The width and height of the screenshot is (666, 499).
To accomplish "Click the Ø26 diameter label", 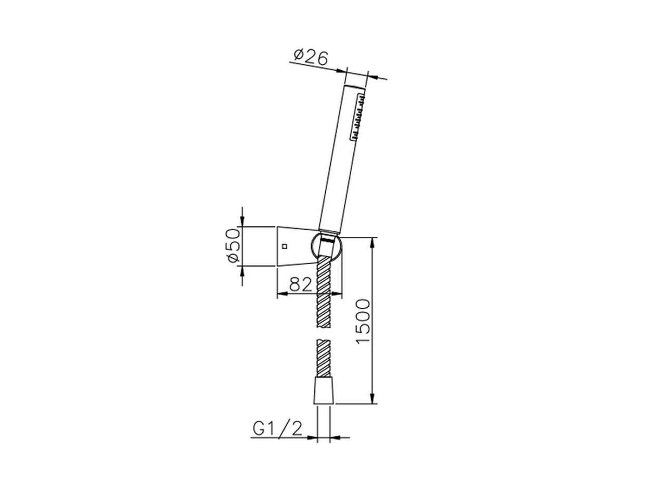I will tap(311, 57).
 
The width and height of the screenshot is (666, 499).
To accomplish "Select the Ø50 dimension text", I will tap(234, 246).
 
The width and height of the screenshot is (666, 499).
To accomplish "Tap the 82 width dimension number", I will tap(300, 284).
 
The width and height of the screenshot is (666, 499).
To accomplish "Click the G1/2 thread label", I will tap(278, 429).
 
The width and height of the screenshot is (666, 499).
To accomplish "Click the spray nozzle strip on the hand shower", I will tap(358, 117).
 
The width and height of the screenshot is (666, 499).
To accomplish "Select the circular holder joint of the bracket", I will tap(325, 247).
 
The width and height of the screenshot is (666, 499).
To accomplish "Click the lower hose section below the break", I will tap(323, 358).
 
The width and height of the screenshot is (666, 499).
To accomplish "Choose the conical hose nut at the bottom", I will tap(323, 391).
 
